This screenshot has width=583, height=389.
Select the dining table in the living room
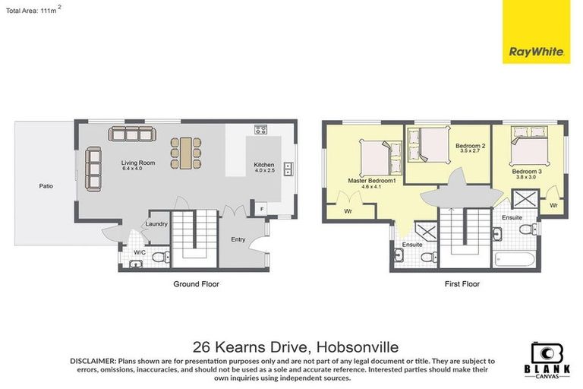click(185, 152)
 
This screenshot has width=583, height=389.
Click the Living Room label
click(138, 163)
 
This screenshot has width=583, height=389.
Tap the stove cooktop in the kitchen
click(260, 129)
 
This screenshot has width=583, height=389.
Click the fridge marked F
click(261, 207)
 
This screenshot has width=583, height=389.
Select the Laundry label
click(158, 223)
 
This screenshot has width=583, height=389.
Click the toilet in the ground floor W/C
click(160, 258)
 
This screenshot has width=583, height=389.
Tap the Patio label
click(47, 185)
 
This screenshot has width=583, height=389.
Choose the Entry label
click(238, 239)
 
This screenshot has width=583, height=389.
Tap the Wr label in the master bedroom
click(348, 210)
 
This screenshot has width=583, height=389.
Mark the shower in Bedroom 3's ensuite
click(523, 200)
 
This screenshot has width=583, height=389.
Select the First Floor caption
click(462, 283)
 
